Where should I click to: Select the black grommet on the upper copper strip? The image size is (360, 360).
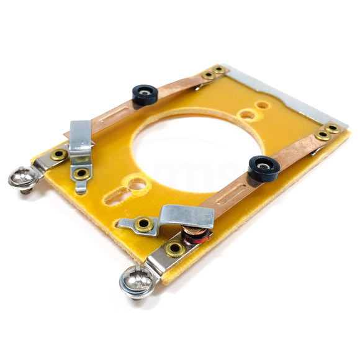(145, 94)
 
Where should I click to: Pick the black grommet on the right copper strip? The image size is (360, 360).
(263, 168)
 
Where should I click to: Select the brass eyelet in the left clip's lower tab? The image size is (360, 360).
(79, 175)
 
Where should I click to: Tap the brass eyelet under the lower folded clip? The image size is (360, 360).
(144, 223)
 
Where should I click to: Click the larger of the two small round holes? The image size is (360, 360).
(246, 115)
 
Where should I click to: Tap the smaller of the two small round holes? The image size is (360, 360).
(263, 106)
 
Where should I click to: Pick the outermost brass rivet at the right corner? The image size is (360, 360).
(333, 128)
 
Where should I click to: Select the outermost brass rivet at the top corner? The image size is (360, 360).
(218, 70)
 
